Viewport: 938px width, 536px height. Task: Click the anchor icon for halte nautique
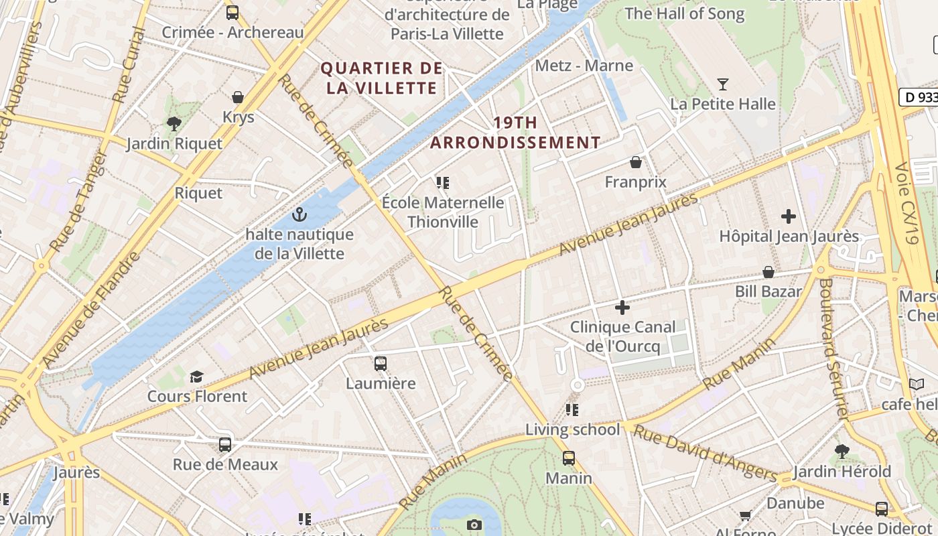click(x=299, y=215)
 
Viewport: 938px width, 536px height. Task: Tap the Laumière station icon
click(x=381, y=364)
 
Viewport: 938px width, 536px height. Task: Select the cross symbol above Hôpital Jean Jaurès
click(x=789, y=216)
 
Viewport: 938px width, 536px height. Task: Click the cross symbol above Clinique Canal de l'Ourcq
click(x=622, y=308)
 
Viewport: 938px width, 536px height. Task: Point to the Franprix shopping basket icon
click(x=635, y=162)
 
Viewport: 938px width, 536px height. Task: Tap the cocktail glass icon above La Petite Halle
click(x=723, y=84)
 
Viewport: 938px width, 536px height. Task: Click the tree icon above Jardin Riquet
click(x=174, y=123)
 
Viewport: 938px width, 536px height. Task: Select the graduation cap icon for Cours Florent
click(x=196, y=377)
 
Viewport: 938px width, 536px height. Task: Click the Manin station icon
click(x=568, y=458)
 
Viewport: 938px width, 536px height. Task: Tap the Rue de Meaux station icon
click(x=225, y=445)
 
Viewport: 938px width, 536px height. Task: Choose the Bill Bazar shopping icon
click(x=768, y=272)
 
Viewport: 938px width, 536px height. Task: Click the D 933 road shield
click(x=919, y=97)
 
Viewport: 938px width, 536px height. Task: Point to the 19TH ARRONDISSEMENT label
click(x=515, y=133)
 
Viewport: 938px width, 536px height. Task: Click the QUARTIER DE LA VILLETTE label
click(x=382, y=78)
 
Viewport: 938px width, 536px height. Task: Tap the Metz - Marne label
click(x=584, y=66)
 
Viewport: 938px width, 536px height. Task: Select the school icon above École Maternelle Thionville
click(x=442, y=182)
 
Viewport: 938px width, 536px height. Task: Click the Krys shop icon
click(x=238, y=98)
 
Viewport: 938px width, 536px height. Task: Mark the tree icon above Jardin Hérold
click(x=842, y=452)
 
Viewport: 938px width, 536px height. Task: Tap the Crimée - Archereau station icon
click(x=232, y=12)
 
